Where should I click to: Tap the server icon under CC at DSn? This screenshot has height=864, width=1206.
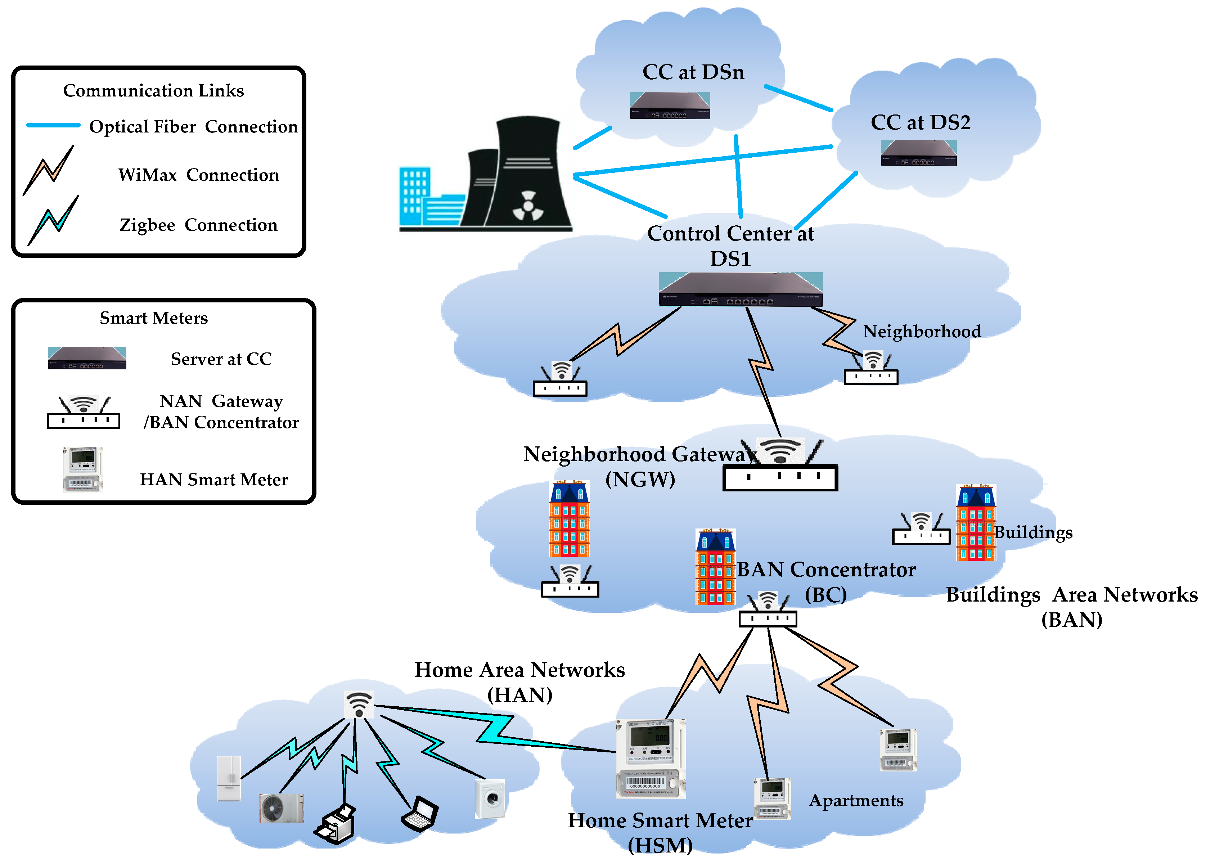(x=670, y=105)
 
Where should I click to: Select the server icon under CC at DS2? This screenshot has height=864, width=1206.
(x=918, y=153)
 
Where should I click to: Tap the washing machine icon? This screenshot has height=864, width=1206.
(x=490, y=798)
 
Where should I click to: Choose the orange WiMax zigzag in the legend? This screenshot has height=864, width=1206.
(x=49, y=170)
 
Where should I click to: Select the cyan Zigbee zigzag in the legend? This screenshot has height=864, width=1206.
(x=53, y=220)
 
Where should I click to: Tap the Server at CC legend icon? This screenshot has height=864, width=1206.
(x=87, y=358)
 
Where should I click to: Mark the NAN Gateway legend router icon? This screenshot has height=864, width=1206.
(x=84, y=413)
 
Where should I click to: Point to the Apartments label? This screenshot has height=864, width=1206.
(x=856, y=800)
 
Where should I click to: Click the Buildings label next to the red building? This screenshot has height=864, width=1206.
(x=1034, y=532)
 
